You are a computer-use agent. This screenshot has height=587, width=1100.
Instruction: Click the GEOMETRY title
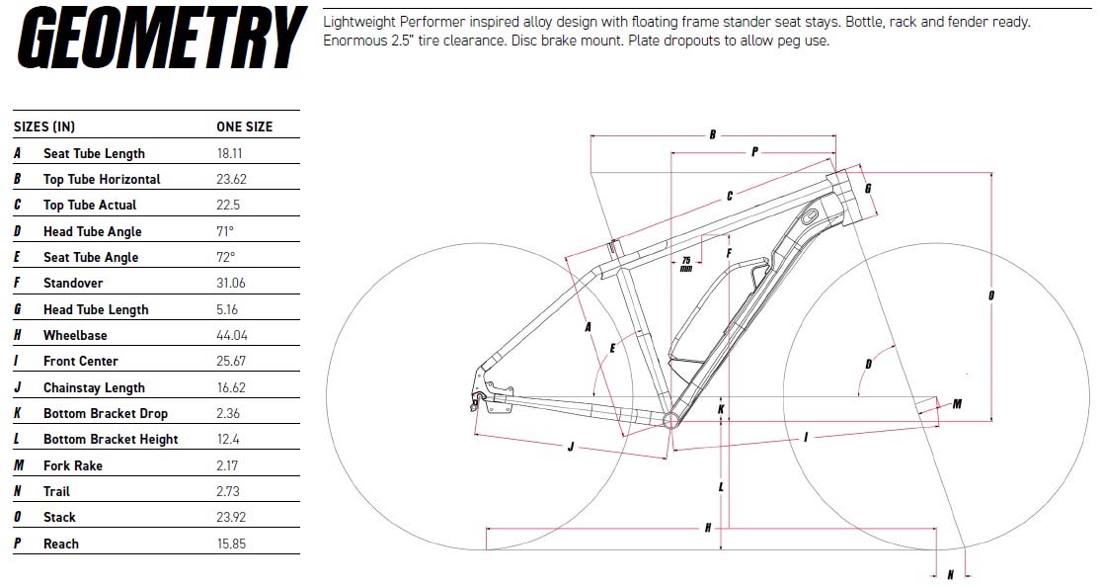point(162,38)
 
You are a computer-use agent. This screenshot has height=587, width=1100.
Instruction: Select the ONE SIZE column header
point(244,127)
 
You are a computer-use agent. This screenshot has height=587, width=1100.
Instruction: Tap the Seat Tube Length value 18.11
point(229,153)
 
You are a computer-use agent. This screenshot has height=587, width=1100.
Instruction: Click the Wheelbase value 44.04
point(232,335)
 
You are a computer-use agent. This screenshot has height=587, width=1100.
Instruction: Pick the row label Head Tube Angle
point(93,231)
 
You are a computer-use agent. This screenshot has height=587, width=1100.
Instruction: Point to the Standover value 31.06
point(231,283)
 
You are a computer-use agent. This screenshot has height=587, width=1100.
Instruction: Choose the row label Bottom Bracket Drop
point(106,413)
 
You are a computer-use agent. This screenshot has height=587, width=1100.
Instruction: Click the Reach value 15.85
point(231,544)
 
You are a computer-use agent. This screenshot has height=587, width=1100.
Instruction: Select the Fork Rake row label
point(73,465)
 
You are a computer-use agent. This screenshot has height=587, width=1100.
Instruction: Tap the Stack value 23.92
point(231,518)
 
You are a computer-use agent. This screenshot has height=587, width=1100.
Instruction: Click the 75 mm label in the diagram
point(686,264)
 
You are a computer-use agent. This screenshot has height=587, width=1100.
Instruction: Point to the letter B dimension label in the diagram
point(712,134)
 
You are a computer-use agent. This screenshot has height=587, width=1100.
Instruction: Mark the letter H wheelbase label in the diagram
point(708,528)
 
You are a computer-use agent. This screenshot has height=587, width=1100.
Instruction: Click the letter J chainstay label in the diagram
point(571,447)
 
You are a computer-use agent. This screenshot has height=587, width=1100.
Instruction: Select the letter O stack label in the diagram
point(991,295)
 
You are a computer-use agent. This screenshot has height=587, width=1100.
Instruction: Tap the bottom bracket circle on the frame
point(670,421)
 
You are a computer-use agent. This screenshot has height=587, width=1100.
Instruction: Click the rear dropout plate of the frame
point(491,393)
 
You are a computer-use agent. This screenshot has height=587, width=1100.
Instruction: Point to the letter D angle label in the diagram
point(869,364)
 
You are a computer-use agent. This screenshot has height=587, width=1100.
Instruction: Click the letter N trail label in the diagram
point(951,575)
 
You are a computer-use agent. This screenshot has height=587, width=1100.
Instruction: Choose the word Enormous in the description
point(354,41)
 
